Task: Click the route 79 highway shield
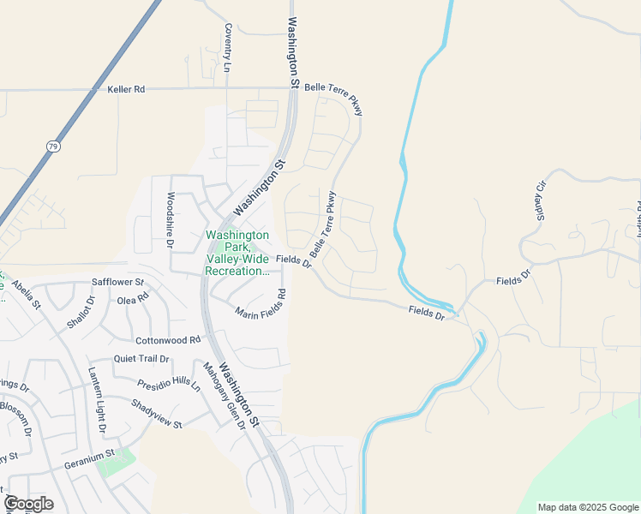coord(54,147)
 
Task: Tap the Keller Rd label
coord(127,89)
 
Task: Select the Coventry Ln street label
coord(228,47)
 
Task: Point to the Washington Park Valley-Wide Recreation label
coord(237,253)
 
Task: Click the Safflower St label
coord(117,282)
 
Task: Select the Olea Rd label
coord(133,300)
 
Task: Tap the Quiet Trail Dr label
coord(141,361)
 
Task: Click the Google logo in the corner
coord(28,504)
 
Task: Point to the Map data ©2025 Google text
coord(589,507)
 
